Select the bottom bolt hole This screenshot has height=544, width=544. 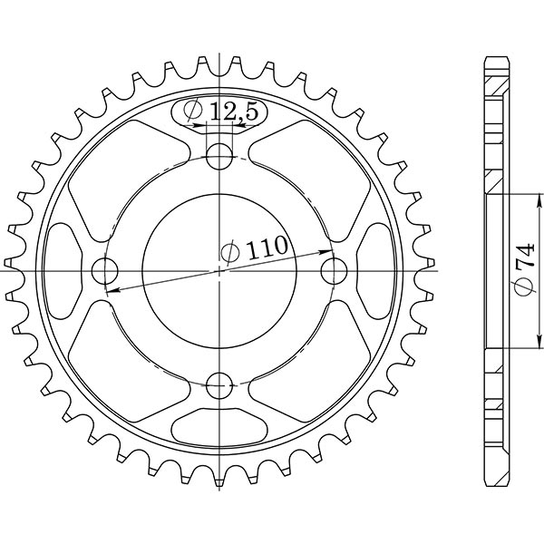click(219, 387)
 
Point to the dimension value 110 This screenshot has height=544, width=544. click(267, 246)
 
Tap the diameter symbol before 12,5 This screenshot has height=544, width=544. click(193, 112)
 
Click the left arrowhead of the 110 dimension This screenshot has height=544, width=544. click(110, 291)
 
